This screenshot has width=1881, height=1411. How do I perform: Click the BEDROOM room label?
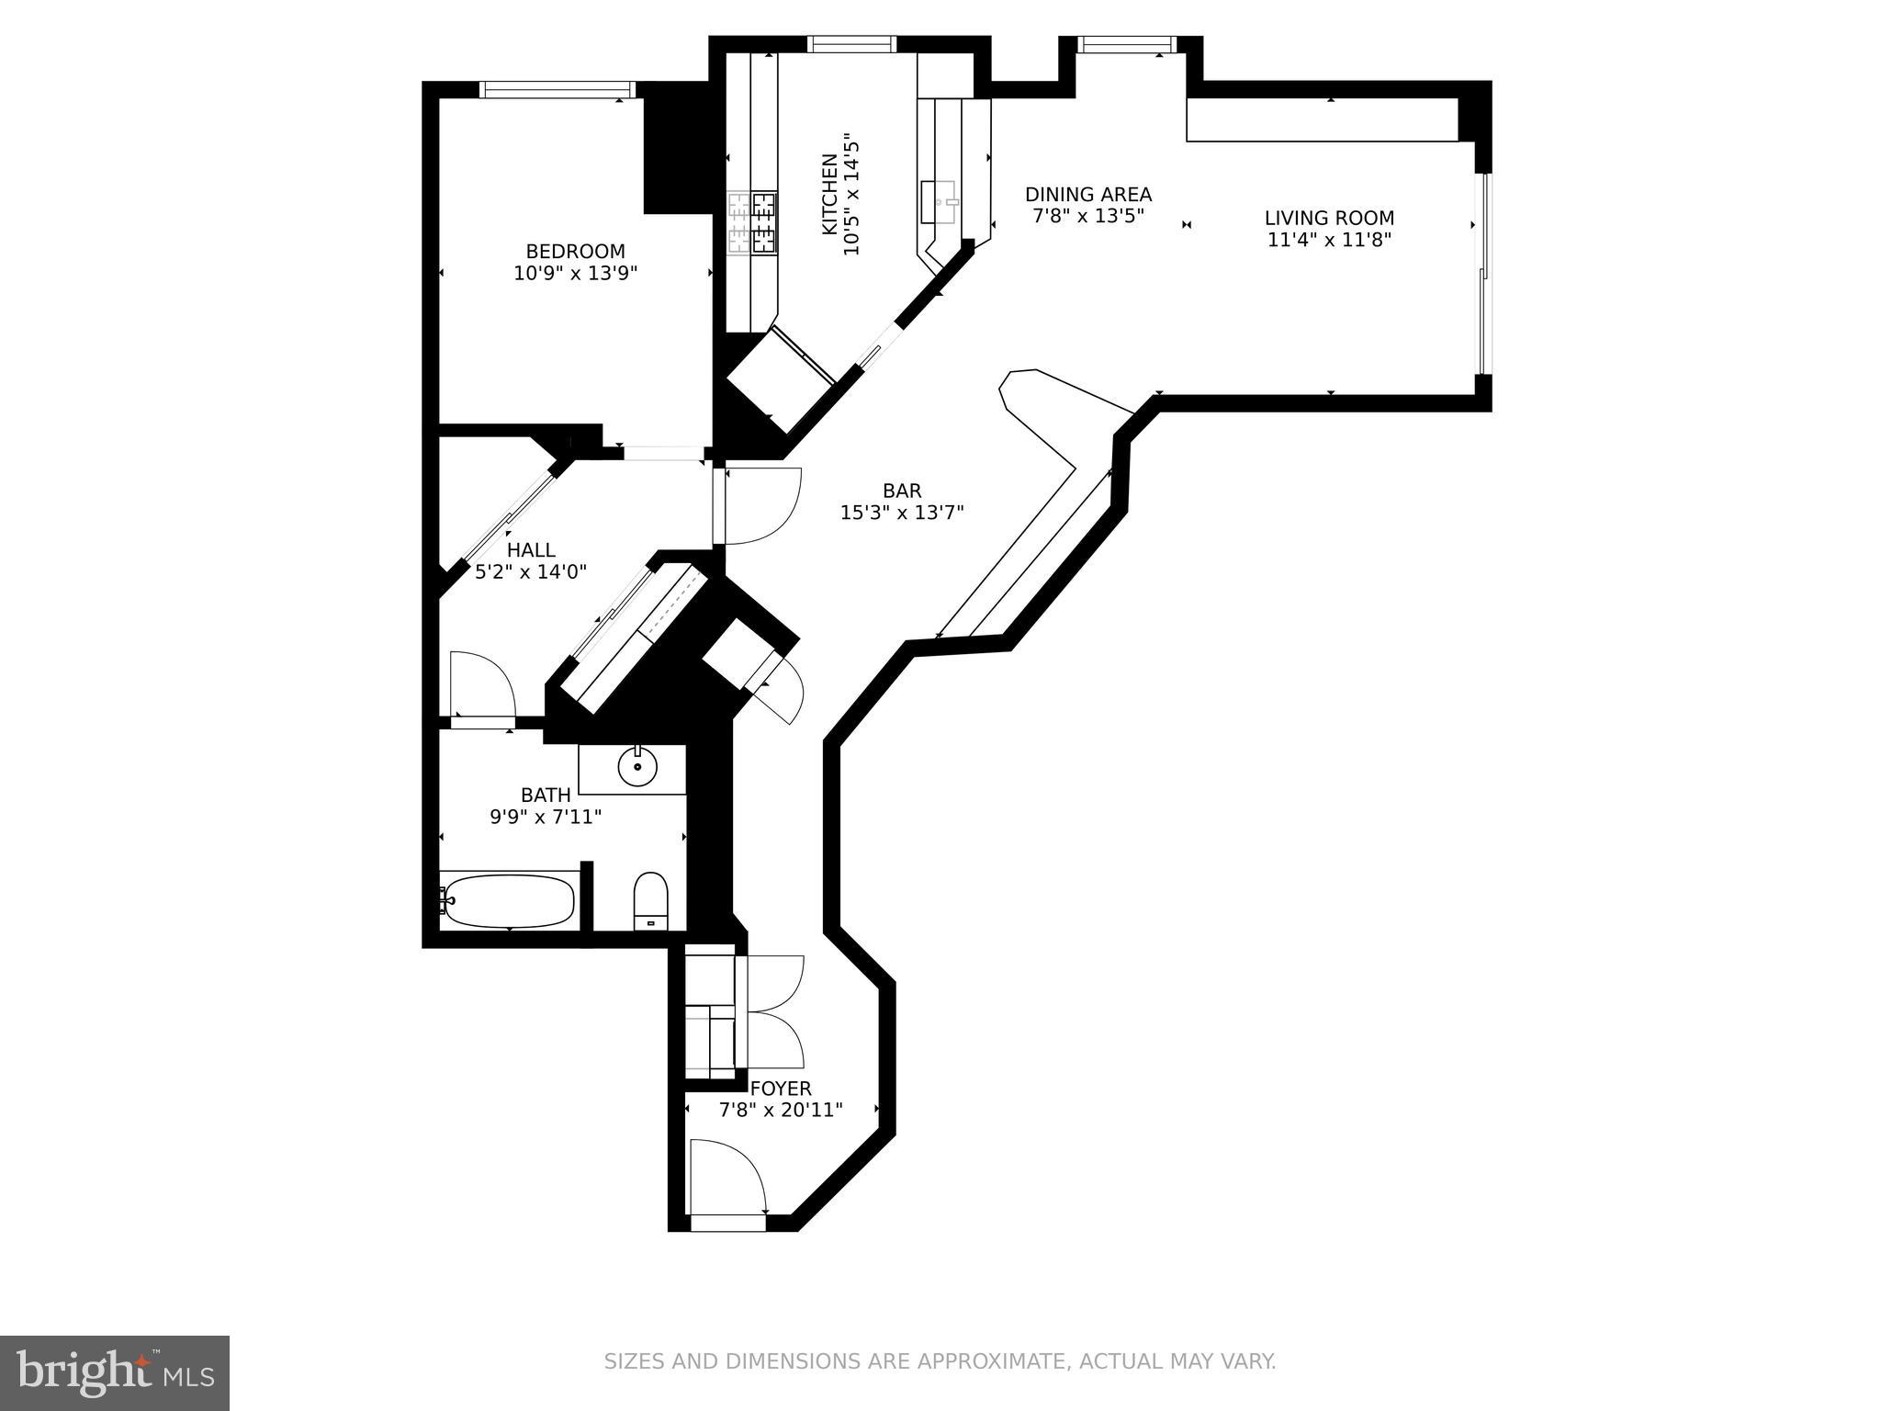(x=575, y=251)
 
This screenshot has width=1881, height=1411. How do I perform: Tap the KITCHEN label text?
(x=828, y=194)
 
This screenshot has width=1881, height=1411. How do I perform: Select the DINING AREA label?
(x=1087, y=195)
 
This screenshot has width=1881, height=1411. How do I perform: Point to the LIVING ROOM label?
(x=1329, y=218)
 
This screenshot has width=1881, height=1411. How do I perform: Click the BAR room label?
(x=902, y=491)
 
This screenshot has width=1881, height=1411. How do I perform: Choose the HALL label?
(x=531, y=549)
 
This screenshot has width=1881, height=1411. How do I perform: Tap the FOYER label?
(x=781, y=1089)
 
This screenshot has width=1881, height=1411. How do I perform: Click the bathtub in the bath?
(x=511, y=901)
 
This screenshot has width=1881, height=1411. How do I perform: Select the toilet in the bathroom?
(x=651, y=900)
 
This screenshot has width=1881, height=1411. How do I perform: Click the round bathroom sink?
(x=636, y=766)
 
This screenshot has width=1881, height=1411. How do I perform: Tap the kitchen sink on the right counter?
(x=939, y=201)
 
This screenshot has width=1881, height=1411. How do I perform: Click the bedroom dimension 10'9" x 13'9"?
(x=575, y=273)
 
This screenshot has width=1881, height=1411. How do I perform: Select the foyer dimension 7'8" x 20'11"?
(x=781, y=1110)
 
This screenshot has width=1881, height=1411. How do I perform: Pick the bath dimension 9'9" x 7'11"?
(x=546, y=816)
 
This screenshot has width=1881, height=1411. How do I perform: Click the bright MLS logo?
(x=115, y=1372)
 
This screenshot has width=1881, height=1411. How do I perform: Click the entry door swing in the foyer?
(x=727, y=1178)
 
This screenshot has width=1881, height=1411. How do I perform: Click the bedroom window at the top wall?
(x=558, y=89)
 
